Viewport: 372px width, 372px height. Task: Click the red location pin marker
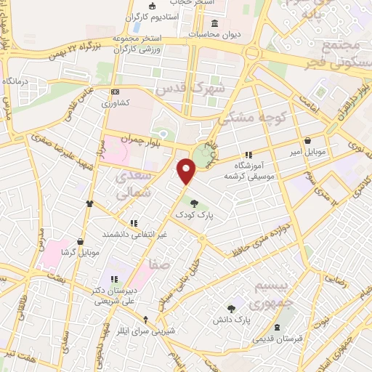pos(187,171)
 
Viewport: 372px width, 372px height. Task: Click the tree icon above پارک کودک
pos(193,203)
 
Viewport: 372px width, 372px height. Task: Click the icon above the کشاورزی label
pos(116,92)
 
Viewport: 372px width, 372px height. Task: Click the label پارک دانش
pos(234,320)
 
